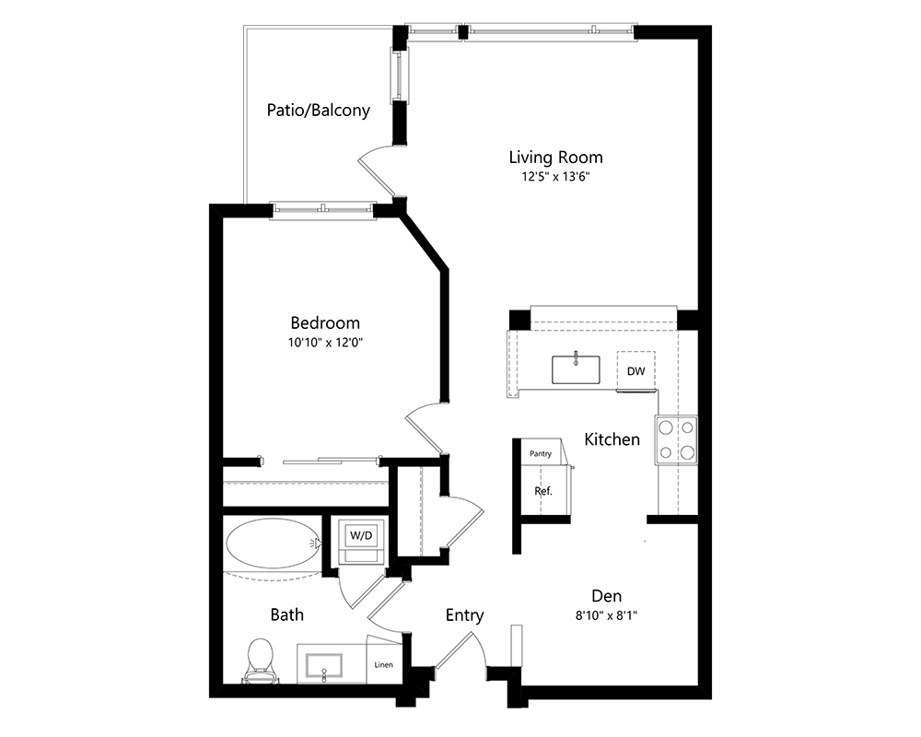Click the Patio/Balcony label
(319, 111)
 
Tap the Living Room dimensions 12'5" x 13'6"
(555, 177)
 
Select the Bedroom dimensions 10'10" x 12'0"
(325, 343)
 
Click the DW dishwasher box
(636, 371)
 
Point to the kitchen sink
(576, 369)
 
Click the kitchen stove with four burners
(677, 440)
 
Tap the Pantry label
(541, 454)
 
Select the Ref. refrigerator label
(543, 491)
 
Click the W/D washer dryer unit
(361, 541)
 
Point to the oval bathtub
(274, 544)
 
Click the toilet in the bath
(261, 661)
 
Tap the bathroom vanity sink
(323, 667)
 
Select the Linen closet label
(383, 665)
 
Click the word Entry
(464, 615)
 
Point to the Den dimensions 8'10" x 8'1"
(607, 616)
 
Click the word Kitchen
(612, 439)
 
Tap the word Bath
(287, 614)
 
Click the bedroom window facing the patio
(322, 210)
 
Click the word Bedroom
(325, 322)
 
